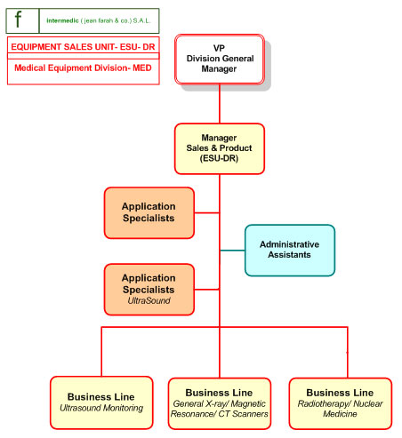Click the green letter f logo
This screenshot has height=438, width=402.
(18, 20)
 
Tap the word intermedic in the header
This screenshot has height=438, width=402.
(62, 20)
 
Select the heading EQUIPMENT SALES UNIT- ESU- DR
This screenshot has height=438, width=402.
(83, 47)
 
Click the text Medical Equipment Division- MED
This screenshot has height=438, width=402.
(83, 68)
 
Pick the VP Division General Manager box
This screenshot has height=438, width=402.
(220, 60)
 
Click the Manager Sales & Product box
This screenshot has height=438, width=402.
(220, 148)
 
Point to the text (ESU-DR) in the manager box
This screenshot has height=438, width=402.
(219, 158)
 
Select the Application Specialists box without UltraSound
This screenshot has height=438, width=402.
(149, 212)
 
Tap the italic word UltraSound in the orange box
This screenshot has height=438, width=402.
(149, 301)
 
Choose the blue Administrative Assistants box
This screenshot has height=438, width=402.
(290, 251)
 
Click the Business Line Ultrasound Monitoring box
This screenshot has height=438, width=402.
(101, 402)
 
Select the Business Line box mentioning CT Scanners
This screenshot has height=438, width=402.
(220, 403)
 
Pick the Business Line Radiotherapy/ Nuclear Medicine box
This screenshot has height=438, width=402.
(341, 403)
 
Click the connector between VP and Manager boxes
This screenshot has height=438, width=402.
(220, 104)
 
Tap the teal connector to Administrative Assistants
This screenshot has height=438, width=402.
(233, 251)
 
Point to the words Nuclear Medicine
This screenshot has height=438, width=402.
(353, 409)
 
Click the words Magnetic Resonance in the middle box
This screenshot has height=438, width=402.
(220, 409)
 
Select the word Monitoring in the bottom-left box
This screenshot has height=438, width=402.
(122, 409)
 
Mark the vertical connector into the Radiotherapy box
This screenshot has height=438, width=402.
(348, 353)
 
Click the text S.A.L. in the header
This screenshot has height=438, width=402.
(142, 20)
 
